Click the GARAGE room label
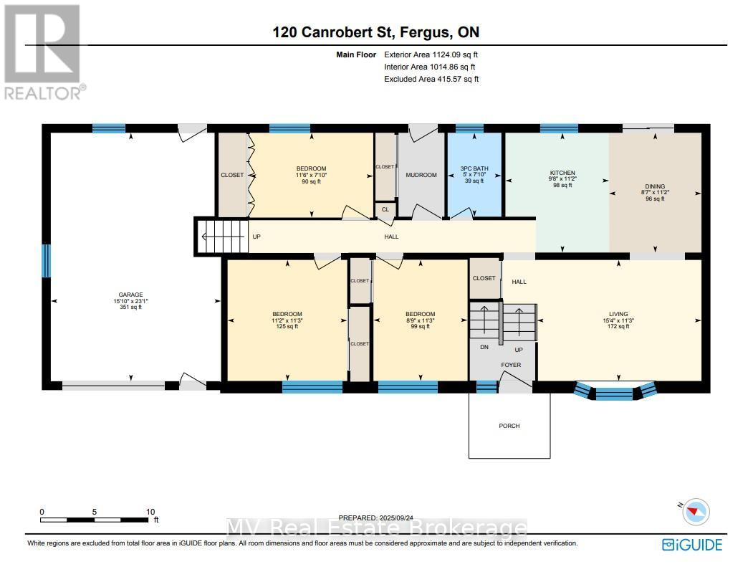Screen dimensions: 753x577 point(130,295)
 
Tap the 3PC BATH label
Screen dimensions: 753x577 point(474,168)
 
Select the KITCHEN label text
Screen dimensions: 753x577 point(562,173)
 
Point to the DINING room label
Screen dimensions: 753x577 point(655,186)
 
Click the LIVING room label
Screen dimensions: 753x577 point(618,314)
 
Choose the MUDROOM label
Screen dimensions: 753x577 point(421,175)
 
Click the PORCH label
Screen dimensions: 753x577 point(509,426)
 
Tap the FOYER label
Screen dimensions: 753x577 point(511,365)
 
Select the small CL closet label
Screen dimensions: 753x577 point(385,209)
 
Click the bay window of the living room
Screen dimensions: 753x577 point(615,391)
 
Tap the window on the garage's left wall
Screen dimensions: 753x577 point(46,261)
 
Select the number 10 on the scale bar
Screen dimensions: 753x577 point(150,512)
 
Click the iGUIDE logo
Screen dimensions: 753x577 point(692,545)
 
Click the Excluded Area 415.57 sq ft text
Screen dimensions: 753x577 point(431,79)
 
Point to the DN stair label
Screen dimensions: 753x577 point(484,347)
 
